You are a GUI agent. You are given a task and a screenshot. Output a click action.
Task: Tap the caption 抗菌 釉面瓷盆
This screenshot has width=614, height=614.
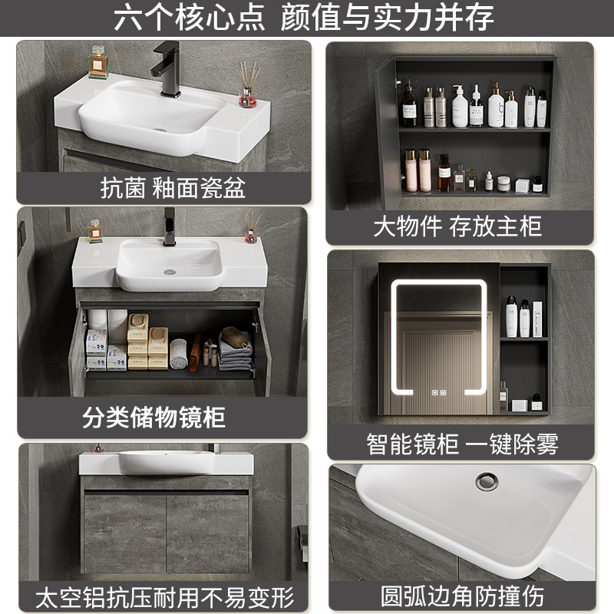tap(173, 188)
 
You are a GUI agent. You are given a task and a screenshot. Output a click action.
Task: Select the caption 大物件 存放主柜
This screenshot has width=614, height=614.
tap(457, 226)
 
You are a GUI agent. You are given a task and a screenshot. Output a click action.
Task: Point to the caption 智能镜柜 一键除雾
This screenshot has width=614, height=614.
tap(462, 444)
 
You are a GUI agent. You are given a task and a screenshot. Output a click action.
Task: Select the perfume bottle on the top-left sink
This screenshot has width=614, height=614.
tap(98, 63)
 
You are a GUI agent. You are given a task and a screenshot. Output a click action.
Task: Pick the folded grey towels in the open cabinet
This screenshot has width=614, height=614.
tap(234, 350)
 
